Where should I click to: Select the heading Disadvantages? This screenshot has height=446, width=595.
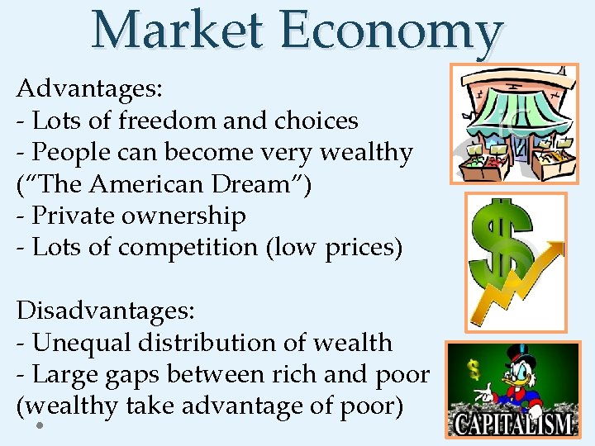[106, 311]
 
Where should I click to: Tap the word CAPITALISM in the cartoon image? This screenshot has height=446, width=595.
[513, 424]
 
